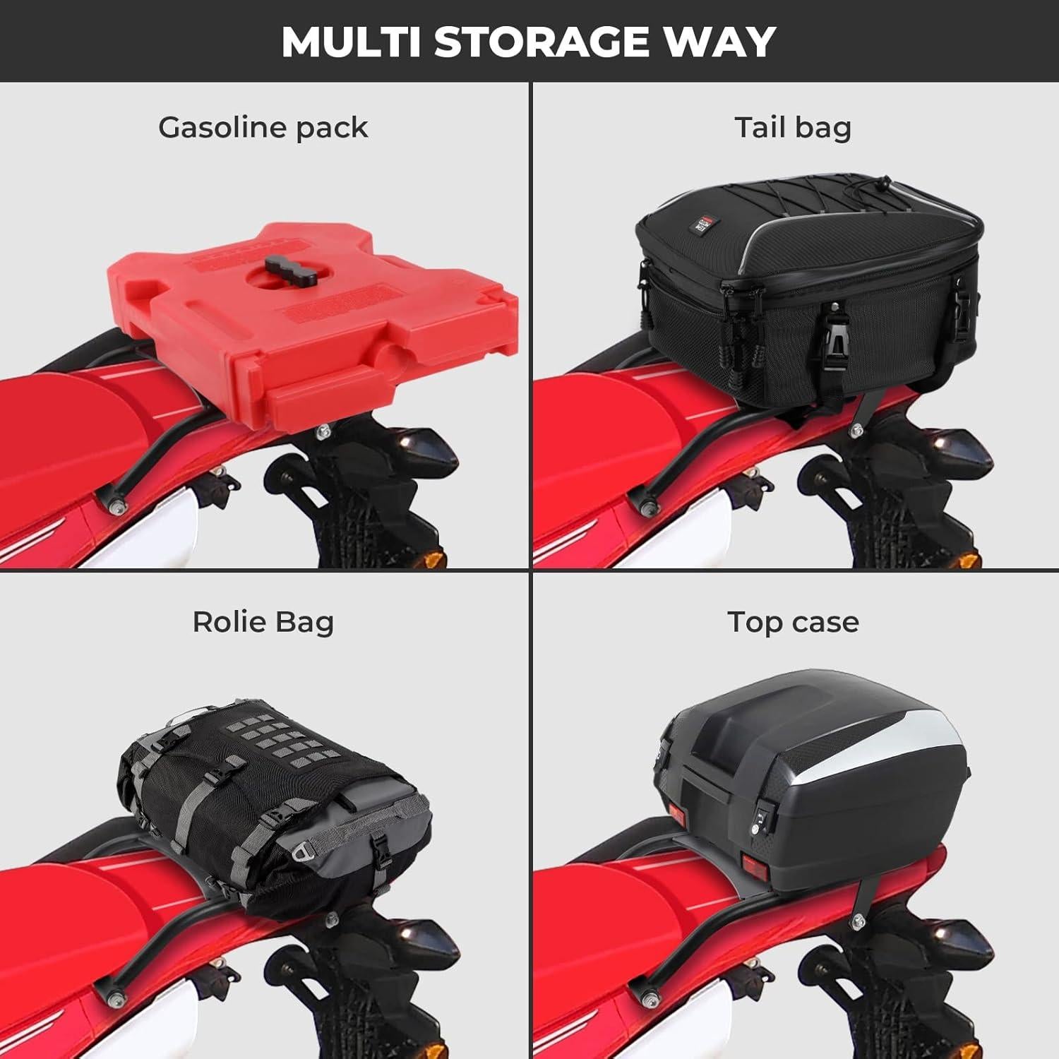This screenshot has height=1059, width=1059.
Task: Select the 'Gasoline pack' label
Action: [263, 128]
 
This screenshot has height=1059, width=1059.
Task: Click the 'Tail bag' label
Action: [793, 128]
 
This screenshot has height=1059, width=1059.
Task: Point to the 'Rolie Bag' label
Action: [263, 622]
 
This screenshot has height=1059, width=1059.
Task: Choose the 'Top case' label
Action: [793, 622]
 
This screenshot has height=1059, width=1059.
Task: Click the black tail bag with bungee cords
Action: [805, 297]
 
